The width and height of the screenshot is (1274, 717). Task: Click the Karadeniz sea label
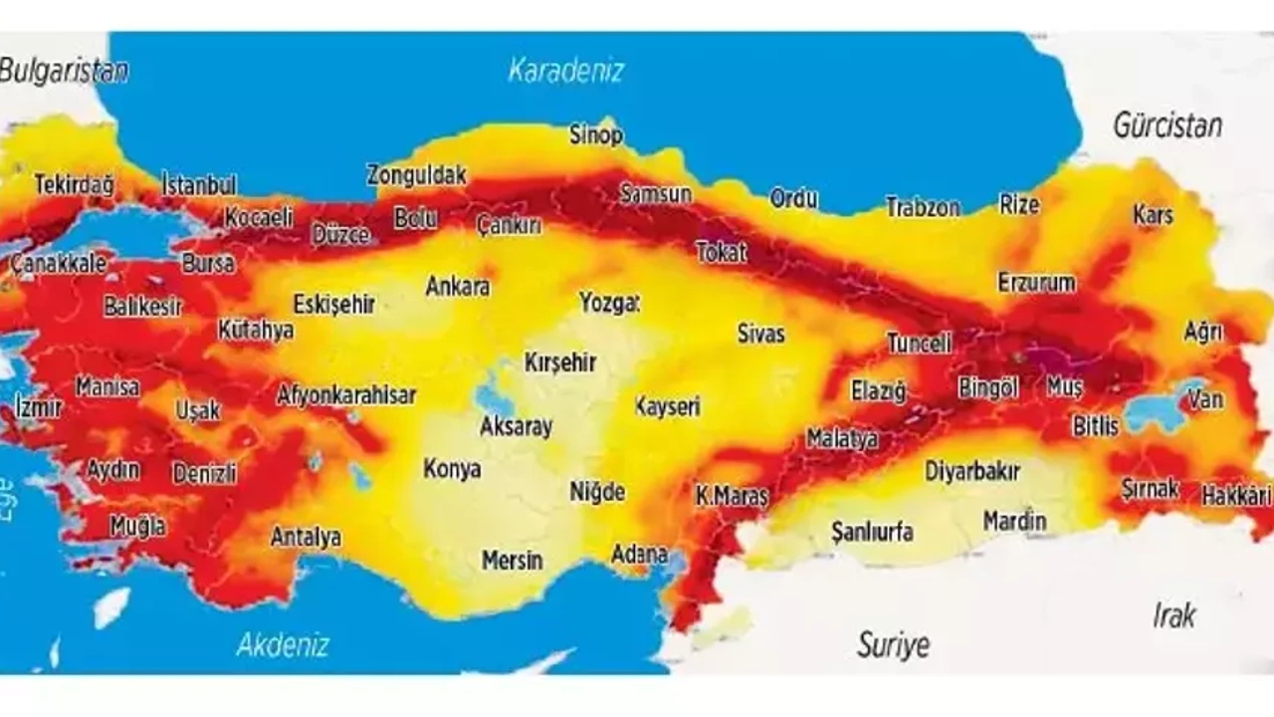point(565,71)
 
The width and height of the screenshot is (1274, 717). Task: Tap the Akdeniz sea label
point(283,644)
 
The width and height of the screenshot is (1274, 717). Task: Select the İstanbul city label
point(199,184)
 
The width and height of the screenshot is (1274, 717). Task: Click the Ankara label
point(458,287)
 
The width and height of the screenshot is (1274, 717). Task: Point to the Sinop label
point(595,134)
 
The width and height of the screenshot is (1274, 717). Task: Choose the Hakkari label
point(1236,494)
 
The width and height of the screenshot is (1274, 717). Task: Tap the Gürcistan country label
point(1167,126)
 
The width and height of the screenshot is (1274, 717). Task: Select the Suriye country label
point(893,644)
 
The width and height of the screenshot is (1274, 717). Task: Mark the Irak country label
point(1173,615)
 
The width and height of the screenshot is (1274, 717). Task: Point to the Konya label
point(452,468)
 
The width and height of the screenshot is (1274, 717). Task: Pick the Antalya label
point(306,538)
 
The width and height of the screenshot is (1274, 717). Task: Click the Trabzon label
point(923,208)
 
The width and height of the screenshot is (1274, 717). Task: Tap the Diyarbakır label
point(971,471)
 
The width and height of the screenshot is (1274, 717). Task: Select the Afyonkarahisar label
point(345,394)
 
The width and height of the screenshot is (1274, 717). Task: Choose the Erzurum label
point(1036,283)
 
